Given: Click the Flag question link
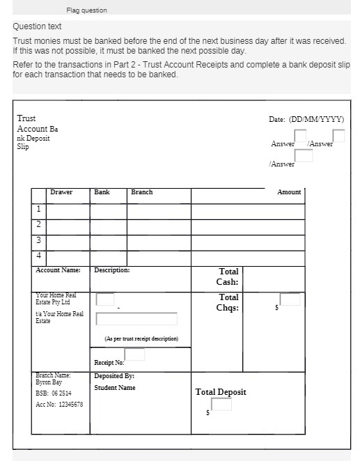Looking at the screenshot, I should point(87,10).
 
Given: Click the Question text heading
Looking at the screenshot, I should point(37,26).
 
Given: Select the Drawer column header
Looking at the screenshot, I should point(61,192).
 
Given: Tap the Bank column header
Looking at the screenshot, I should point(102,192).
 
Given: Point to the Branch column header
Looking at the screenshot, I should point(141,192).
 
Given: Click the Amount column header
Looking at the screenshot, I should point(289,192).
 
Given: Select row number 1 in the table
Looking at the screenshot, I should point(38,210).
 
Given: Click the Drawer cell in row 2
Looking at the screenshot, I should point(68,226).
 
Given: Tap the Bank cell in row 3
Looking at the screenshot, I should point(109,241).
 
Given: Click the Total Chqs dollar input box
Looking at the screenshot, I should point(290,300).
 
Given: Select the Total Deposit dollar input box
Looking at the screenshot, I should point(221,405).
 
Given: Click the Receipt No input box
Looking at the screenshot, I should point(134,354).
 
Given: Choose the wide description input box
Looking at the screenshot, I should point(136,319).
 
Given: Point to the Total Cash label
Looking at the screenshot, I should point(228,277).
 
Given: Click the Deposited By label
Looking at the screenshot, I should point(114,376).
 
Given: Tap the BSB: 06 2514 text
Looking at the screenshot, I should point(54,393).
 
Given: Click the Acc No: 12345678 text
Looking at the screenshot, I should point(59,405).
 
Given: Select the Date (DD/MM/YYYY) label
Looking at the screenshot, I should point(306,120).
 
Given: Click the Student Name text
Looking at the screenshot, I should point(115,388).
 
